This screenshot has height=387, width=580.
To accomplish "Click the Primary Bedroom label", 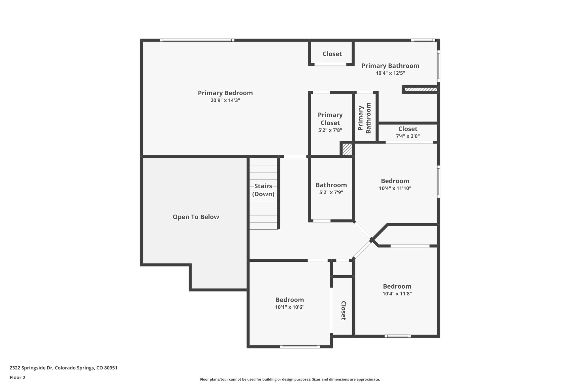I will point(225,93).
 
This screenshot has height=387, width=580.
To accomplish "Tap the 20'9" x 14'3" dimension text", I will point(225,100).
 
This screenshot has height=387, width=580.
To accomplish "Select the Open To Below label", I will point(196,217).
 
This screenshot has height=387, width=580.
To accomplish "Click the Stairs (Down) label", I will point(263,190).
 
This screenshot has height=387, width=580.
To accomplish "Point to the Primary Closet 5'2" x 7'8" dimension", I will point(330,130).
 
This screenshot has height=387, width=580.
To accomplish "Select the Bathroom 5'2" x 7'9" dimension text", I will point(331,193).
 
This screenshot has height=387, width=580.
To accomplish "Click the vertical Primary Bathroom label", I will point(364,118).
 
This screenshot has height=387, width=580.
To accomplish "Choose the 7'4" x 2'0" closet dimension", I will point(408,136).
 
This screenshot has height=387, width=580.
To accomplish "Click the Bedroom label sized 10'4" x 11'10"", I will point(395,181).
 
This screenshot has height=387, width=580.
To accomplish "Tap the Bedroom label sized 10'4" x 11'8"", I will point(397,286).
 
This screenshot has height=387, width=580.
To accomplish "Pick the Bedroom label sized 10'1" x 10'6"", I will point(289,300).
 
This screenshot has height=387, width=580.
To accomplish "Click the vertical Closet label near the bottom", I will point(343,310).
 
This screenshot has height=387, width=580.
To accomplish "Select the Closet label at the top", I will point(332,54).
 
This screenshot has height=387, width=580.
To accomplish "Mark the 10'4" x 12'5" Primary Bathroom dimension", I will point(390,73).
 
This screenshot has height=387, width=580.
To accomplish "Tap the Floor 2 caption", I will point(18,377).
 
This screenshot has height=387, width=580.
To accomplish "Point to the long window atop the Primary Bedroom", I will point(197,40).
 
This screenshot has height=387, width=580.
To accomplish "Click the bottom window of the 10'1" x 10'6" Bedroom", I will point(300,347).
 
